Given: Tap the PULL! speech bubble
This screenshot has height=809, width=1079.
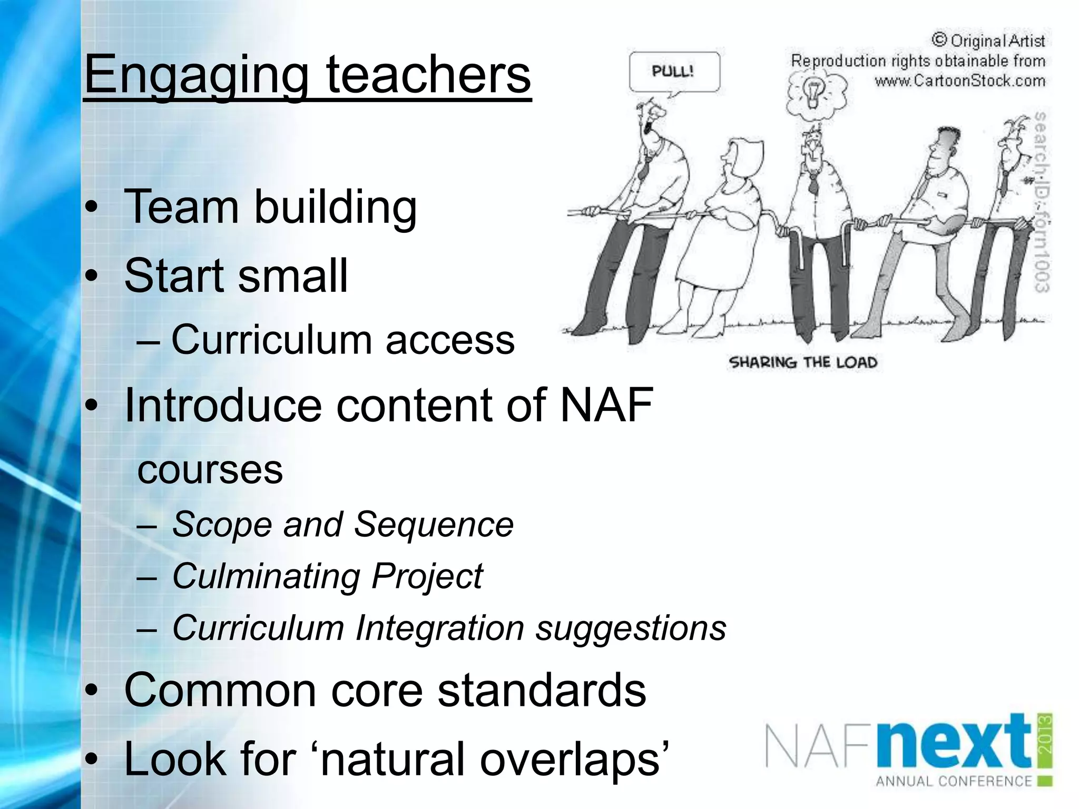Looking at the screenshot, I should click(x=674, y=72).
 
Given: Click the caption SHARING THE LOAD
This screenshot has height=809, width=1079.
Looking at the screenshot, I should click(x=802, y=362).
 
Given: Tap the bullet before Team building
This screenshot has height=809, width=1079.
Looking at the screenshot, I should click(x=92, y=208).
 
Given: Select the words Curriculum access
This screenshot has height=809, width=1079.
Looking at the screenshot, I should click(x=342, y=340).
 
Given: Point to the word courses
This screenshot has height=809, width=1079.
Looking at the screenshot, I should click(x=210, y=470).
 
